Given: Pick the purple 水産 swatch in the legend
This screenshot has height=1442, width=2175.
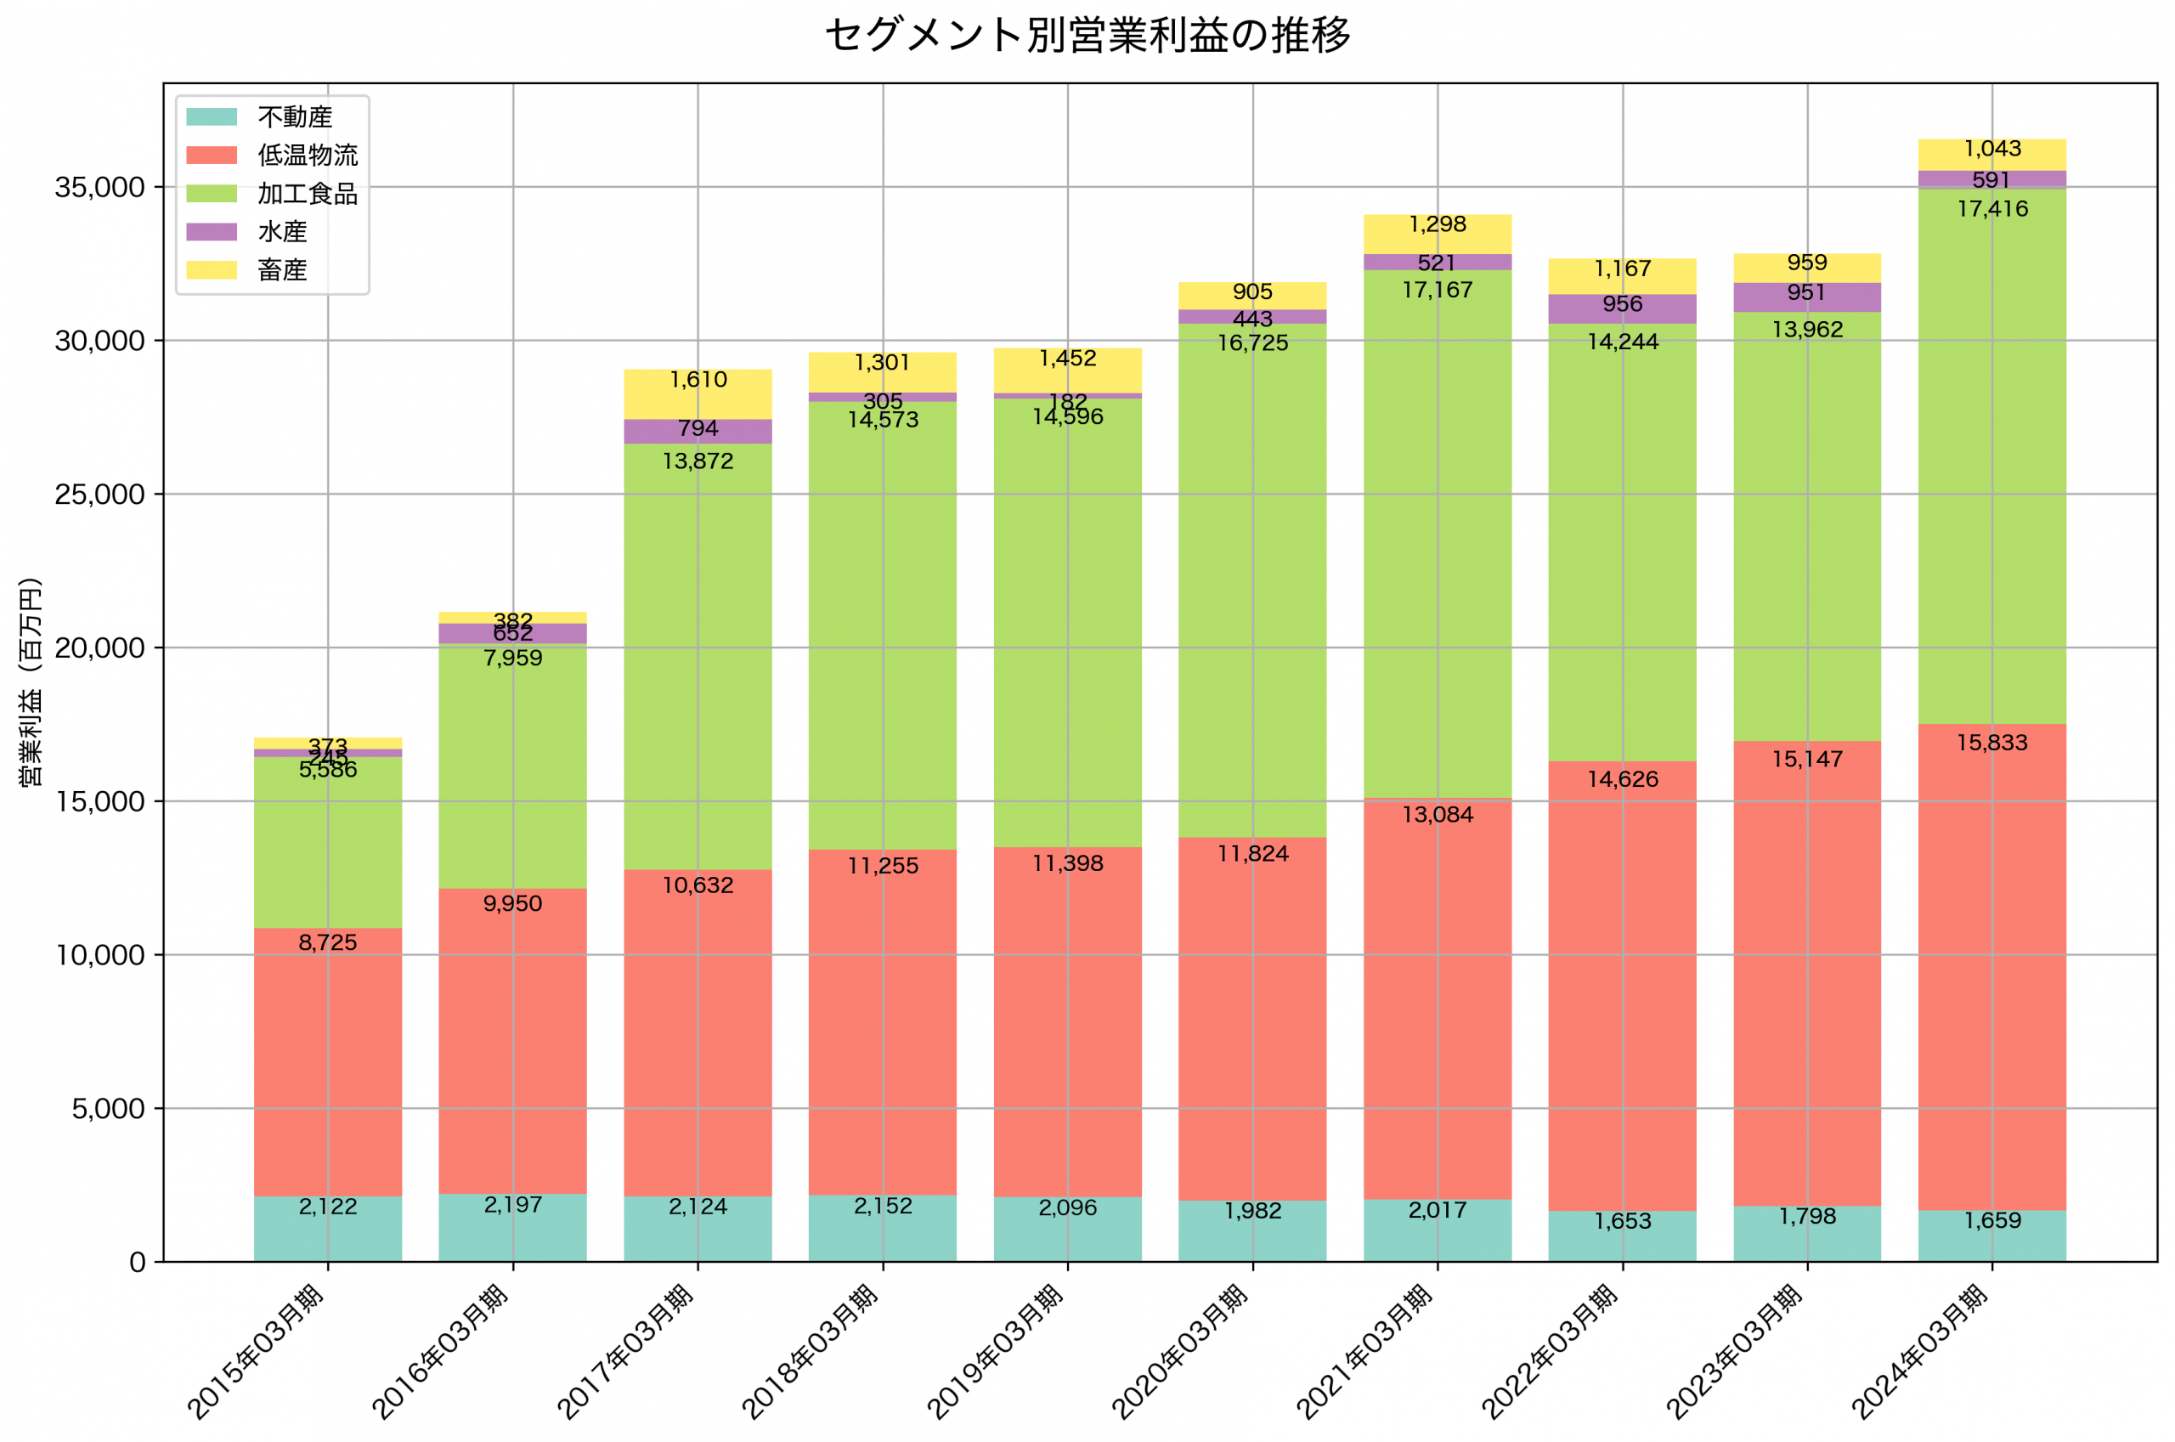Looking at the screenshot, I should click(212, 232).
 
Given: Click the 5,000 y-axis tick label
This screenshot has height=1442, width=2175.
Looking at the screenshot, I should click(108, 1109).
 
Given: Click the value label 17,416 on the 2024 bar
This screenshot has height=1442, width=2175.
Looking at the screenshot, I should click(1992, 209).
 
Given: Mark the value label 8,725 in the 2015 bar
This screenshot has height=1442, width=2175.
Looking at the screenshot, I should click(327, 942).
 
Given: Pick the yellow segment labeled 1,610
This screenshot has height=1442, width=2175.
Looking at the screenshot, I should click(698, 395).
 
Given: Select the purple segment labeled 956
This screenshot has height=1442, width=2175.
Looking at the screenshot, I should click(1623, 309).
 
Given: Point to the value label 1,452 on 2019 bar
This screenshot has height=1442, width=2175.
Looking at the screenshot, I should click(1067, 359).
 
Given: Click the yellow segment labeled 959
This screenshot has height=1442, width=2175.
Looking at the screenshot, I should click(1807, 269).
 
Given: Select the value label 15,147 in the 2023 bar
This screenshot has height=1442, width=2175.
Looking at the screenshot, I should click(1807, 760).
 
